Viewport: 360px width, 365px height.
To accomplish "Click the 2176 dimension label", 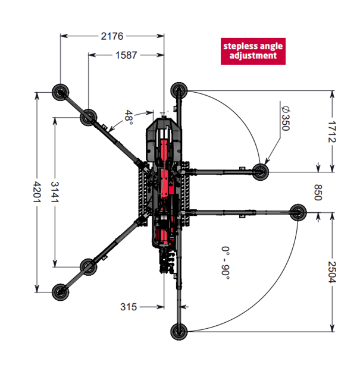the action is [112, 36].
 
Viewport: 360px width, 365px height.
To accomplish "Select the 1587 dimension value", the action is [126, 55].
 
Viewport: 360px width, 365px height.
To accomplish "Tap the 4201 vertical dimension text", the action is [37, 192].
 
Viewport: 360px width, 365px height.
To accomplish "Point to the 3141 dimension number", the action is [55, 192].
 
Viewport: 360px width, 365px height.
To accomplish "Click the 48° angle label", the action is [129, 117].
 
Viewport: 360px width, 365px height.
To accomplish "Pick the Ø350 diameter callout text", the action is [286, 118].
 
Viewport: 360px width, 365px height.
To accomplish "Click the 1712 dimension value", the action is [332, 132].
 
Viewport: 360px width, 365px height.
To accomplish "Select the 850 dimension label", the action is [318, 193].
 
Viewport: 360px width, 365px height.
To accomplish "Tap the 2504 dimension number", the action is [332, 272].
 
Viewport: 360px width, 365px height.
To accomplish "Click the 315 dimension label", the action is [129, 307].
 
